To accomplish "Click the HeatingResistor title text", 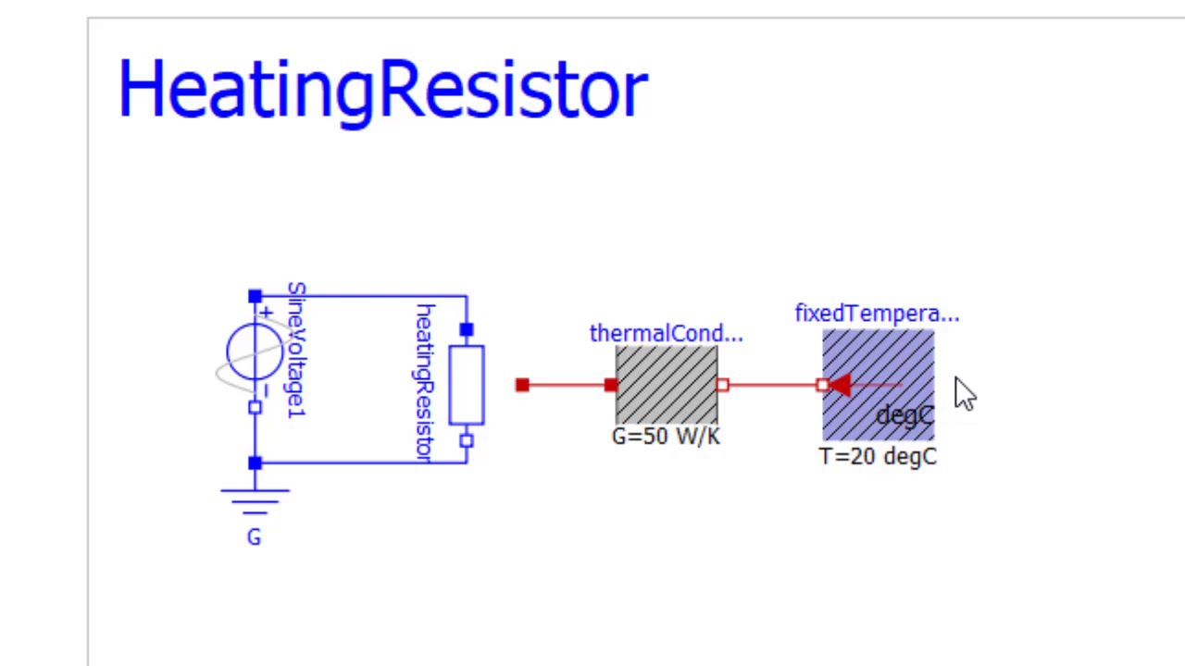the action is pos(383,91).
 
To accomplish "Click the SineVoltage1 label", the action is pos(297,350).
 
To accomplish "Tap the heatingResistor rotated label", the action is pos(424,383).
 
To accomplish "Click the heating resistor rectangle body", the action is pos(467,385).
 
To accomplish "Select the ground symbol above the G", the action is pos(255,501).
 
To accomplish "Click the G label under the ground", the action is pos(254,537).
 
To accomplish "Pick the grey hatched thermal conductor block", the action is pos(667,385).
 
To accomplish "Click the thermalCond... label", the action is pos(666,334).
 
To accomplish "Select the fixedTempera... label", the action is pos(877,314).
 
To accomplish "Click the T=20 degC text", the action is pos(878,457).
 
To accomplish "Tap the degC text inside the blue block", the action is pos(905,416).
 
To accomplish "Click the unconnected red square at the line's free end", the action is pos(522,385).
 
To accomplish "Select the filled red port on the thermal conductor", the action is pos(611,385).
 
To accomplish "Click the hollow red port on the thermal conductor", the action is pos(723,385).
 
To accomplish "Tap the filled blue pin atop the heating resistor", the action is pos(466,329).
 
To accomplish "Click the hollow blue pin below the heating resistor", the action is pos(466,441).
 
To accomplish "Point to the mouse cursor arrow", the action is pos(965,394).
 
